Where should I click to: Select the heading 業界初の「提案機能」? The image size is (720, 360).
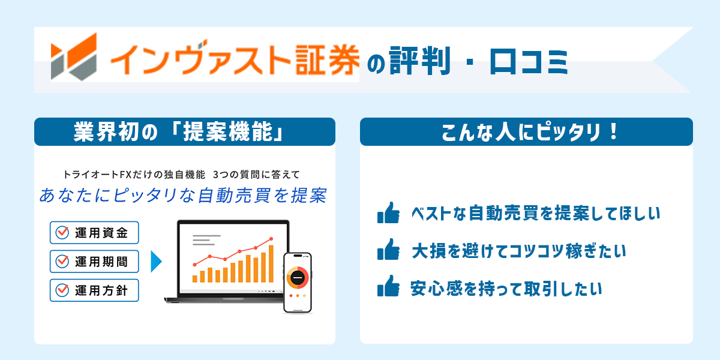point(184,132)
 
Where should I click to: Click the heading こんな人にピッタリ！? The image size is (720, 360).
point(526,132)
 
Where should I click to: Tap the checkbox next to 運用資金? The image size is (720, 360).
point(62,233)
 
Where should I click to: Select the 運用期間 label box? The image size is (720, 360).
point(95,262)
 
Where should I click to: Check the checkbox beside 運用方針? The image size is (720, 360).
point(62,290)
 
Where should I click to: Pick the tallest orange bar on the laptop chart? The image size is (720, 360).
point(271,263)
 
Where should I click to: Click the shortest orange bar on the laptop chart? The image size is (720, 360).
point(195,278)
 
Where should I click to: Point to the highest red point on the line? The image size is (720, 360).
point(271,239)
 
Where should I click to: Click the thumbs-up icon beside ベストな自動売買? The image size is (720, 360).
point(388,213)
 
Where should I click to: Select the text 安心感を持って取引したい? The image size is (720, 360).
point(505,289)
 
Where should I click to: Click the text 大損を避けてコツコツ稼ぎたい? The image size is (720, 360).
point(518,251)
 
